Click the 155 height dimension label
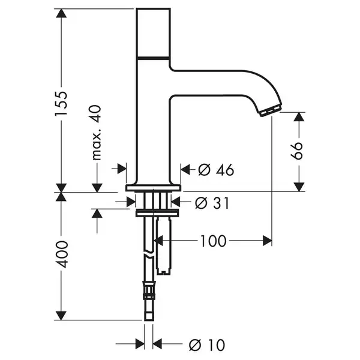[x=61, y=103]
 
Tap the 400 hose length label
[x=62, y=254]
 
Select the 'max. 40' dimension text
[x=96, y=133]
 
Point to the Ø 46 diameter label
[x=216, y=170]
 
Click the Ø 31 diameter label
[x=212, y=203]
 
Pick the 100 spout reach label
[x=213, y=241]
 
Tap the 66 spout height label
[x=296, y=151]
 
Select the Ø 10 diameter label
[x=207, y=345]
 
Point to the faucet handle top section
[x=153, y=32]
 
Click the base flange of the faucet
[x=153, y=188]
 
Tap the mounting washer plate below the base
[x=157, y=213]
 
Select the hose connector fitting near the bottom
[x=149, y=290]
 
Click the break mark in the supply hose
[x=149, y=255]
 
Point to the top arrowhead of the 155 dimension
[x=61, y=13]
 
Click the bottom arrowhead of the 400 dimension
[x=61, y=316]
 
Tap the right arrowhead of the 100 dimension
[x=267, y=241]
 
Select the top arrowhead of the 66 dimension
[x=299, y=117]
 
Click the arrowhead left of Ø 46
[x=185, y=169]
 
